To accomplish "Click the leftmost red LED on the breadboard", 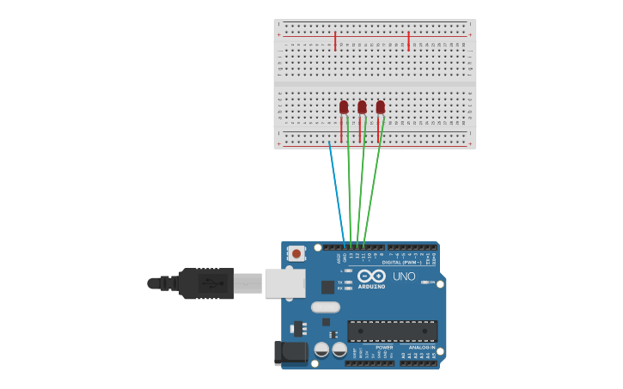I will tap(344, 106).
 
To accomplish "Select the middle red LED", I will tap(362, 106).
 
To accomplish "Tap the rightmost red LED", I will tap(381, 106).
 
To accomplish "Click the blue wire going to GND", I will tap(336, 193).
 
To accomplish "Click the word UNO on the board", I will tap(404, 277).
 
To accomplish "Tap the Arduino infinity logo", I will tap(372, 277).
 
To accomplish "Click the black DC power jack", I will tap(290, 352).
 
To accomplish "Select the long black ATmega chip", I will tap(392, 331).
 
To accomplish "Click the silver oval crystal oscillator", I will tap(326, 307).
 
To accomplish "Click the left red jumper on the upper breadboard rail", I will tap(335, 41).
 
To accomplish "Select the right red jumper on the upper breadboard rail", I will tap(408, 41).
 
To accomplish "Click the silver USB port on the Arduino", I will tap(284, 283).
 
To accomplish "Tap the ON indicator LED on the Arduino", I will tap(424, 282).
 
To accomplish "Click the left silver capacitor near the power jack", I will tap(321, 349).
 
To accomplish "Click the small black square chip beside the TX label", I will tap(327, 287).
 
